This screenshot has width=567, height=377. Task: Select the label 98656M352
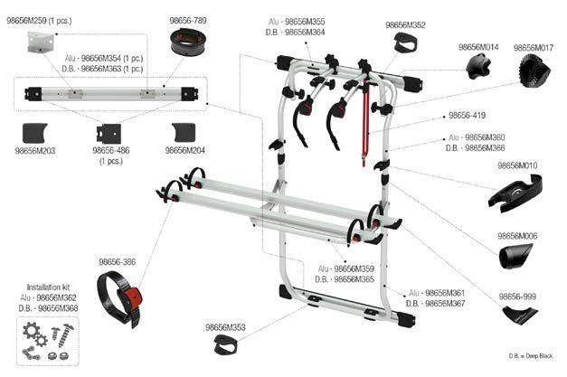405,25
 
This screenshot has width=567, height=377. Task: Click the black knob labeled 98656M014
479,66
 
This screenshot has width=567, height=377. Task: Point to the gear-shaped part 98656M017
535,69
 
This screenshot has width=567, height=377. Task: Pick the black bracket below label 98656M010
516,191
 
